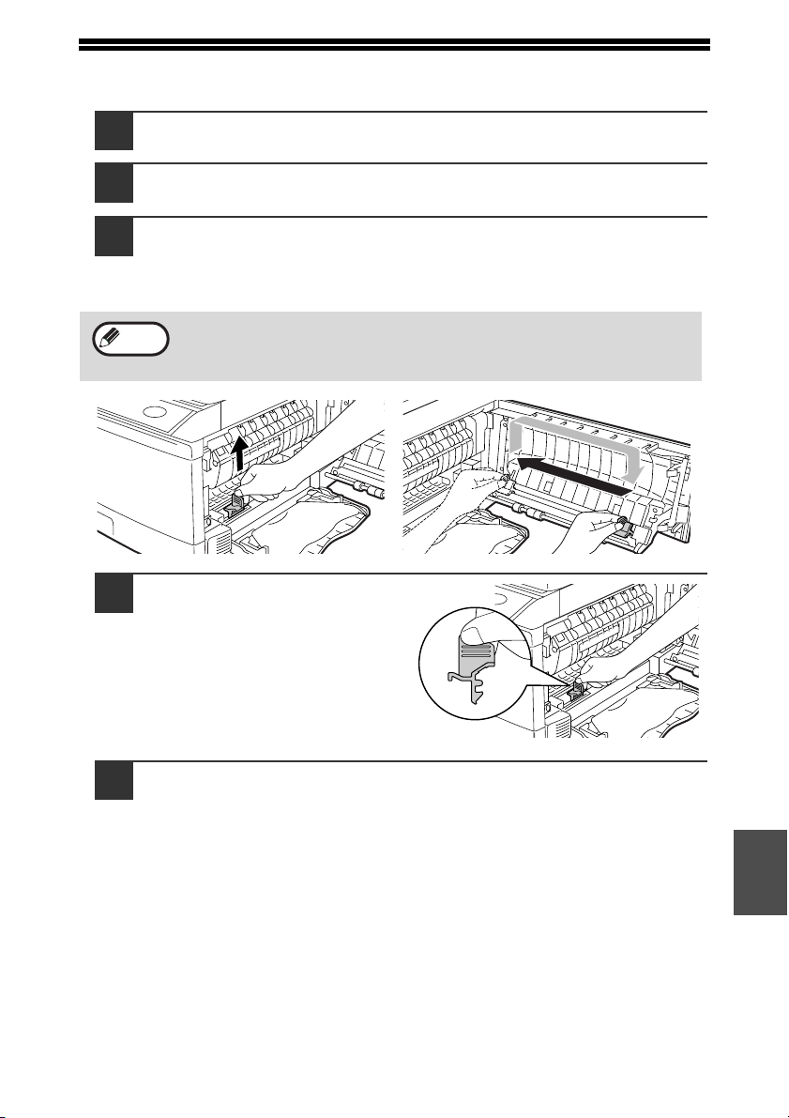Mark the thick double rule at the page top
pos(394,43)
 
